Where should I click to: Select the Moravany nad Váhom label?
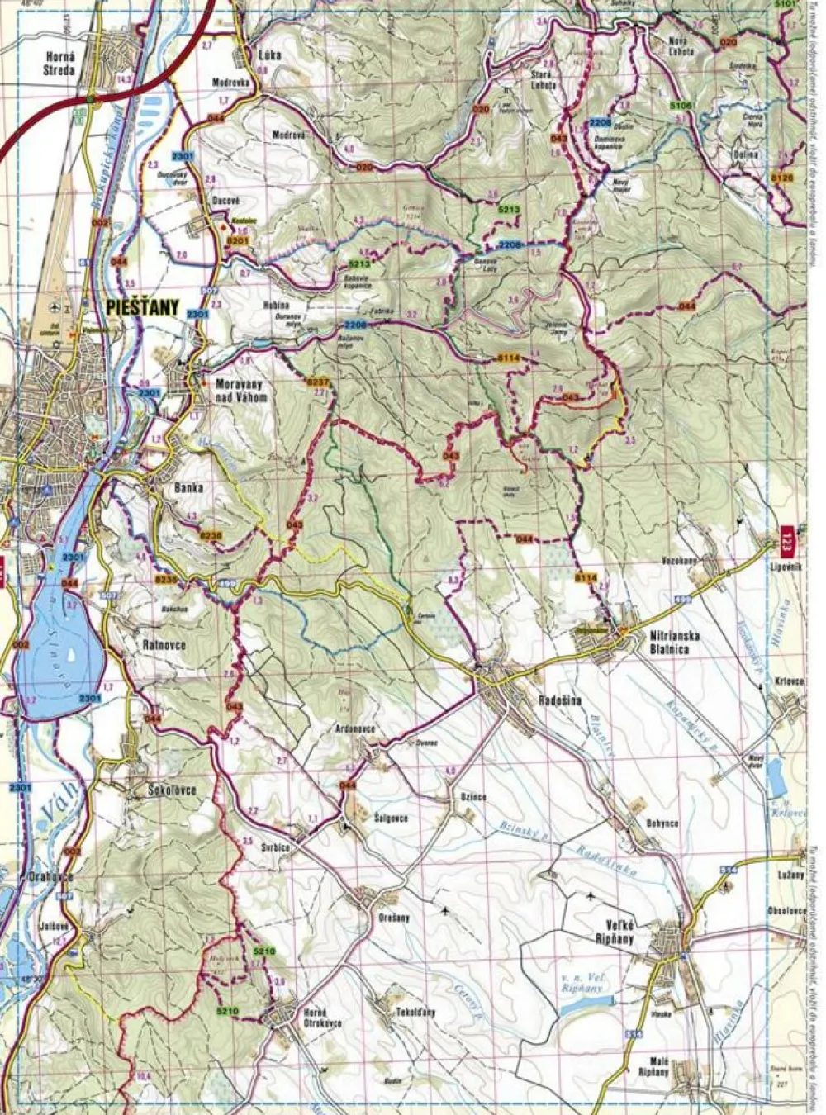[241, 391]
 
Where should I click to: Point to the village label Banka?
[188, 488]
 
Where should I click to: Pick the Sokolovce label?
[172, 790]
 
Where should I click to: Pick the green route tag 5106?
[681, 106]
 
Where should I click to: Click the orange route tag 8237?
[317, 382]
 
